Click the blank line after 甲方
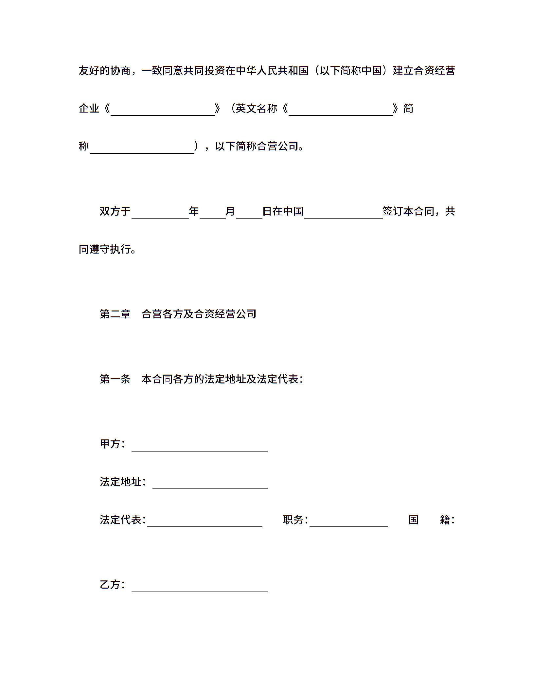(200, 447)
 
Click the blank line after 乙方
(200, 587)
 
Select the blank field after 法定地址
(210, 484)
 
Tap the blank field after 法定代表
(205, 522)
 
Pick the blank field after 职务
(349, 522)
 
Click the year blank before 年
(160, 214)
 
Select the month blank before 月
(213, 214)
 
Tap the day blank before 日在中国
(249, 214)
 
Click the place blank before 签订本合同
(344, 214)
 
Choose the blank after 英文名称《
(341, 111)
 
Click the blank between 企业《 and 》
(163, 111)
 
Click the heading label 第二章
(115, 314)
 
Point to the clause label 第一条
(115, 379)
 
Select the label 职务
(293, 520)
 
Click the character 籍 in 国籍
(445, 520)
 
